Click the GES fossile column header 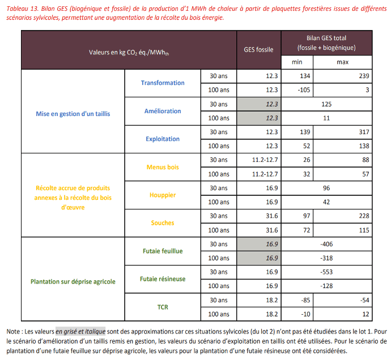[x=258, y=50]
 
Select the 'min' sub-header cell [x=297, y=62]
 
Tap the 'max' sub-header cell [x=343, y=62]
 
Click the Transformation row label [x=163, y=83]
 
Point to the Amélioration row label [x=163, y=111]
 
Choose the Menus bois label [x=163, y=167]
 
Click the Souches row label [x=163, y=223]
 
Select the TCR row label [x=163, y=307]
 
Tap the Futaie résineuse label [x=163, y=279]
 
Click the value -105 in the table [x=304, y=90]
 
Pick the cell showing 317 [x=364, y=132]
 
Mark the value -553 [x=326, y=272]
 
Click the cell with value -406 [x=326, y=244]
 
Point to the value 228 [x=364, y=216]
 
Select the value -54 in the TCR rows [x=364, y=300]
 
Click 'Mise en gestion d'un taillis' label [x=73, y=114]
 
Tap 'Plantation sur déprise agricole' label [x=73, y=282]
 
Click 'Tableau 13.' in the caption [x=22, y=8]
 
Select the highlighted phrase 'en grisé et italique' [x=80, y=332]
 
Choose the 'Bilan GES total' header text [x=326, y=38]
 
